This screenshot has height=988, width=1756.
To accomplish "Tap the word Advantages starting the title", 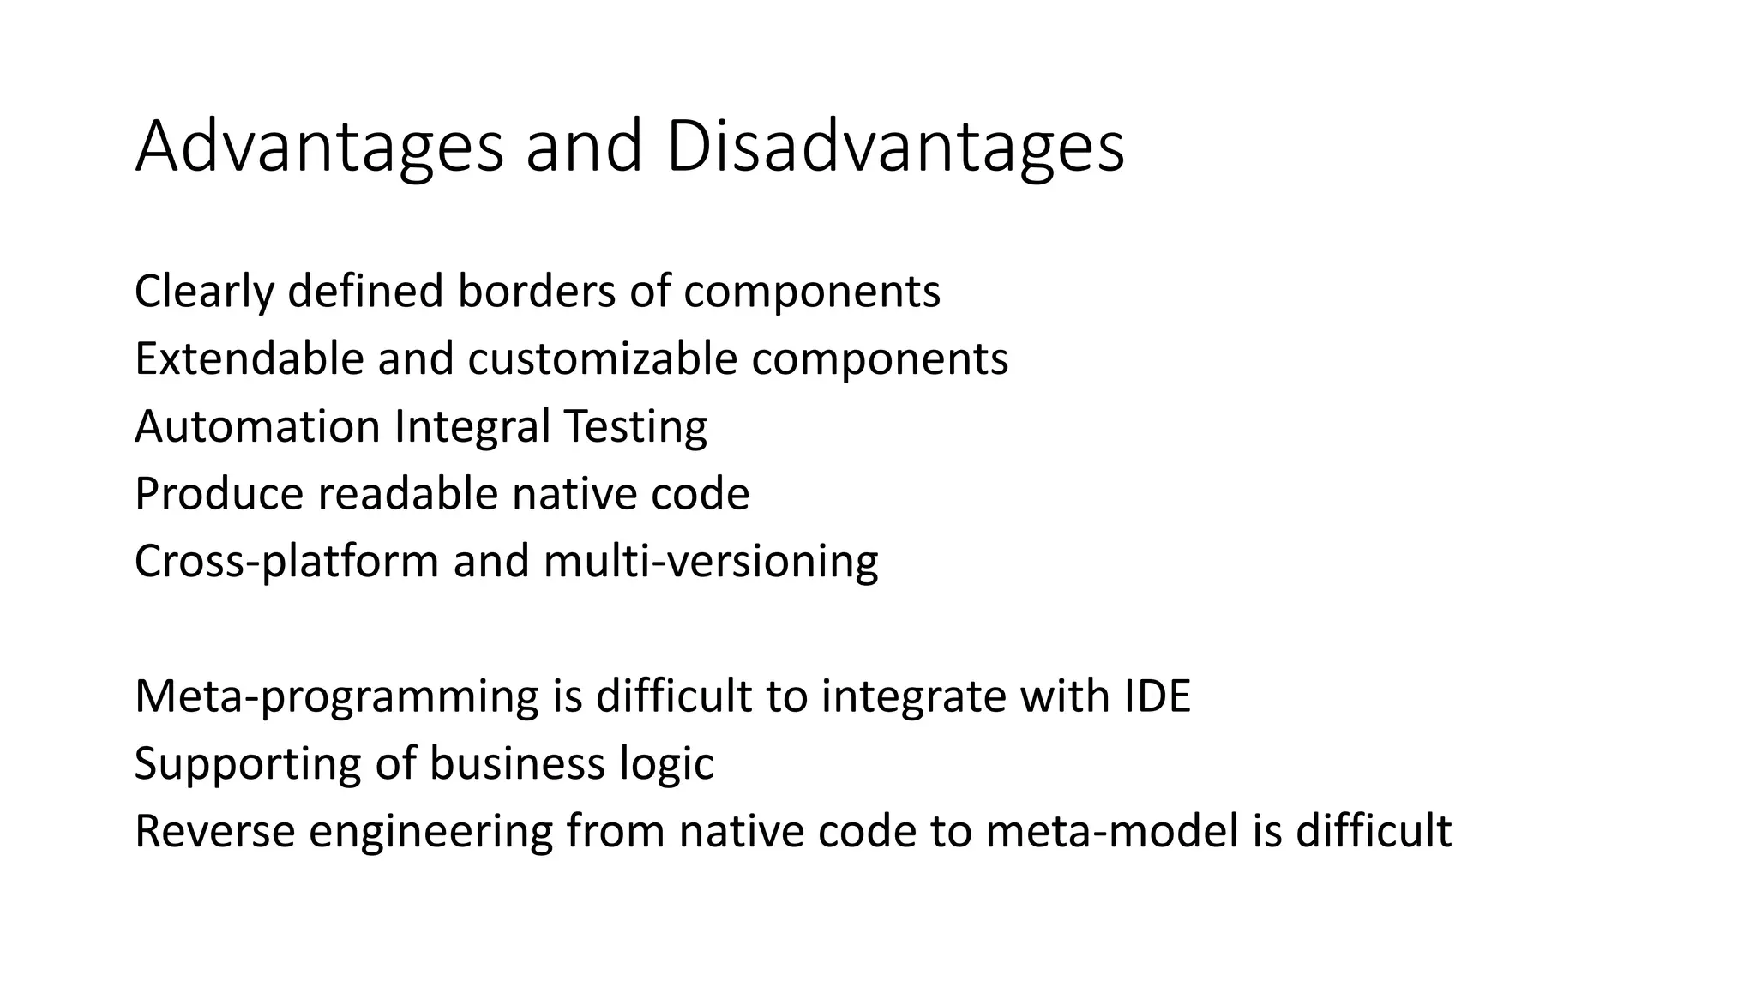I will [319, 148].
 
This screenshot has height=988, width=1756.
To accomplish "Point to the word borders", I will [536, 292].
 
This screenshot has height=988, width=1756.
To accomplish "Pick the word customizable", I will [602, 358].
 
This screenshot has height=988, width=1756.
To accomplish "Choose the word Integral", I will [472, 426].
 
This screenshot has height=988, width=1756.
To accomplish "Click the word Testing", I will [635, 426].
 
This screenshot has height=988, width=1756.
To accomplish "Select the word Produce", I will [219, 494].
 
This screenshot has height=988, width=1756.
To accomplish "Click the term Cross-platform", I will [287, 562].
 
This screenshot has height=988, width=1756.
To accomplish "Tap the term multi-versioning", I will [711, 562].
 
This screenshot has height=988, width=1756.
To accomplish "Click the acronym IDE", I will [1157, 696].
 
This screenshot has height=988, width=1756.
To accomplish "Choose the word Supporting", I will [248, 764].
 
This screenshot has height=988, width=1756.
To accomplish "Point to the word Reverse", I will [214, 831].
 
